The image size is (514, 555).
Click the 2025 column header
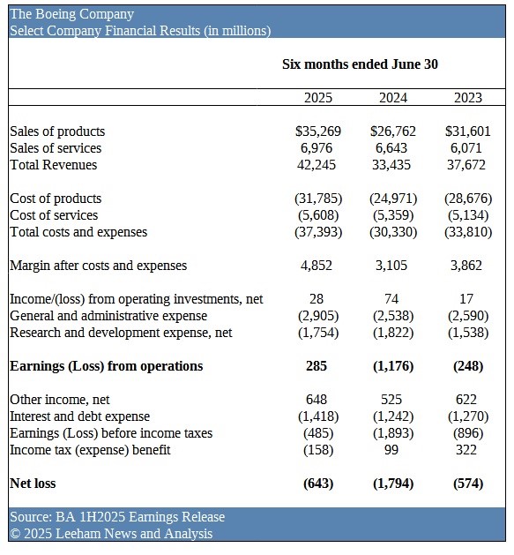pyautogui.click(x=318, y=98)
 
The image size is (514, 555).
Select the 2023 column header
pyautogui.click(x=468, y=98)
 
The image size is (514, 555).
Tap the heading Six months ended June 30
pyautogui.click(x=360, y=64)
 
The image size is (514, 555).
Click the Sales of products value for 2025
pyautogui.click(x=318, y=131)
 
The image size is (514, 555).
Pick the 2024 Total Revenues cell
pyautogui.click(x=391, y=165)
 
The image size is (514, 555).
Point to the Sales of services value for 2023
pyautogui.click(x=466, y=148)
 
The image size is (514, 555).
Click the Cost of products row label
pyautogui.click(x=56, y=199)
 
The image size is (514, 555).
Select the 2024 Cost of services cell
pyautogui.click(x=393, y=215)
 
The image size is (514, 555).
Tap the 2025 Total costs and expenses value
pyautogui.click(x=318, y=232)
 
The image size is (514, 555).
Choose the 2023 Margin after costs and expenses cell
pyautogui.click(x=466, y=266)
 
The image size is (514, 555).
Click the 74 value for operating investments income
pyautogui.click(x=391, y=299)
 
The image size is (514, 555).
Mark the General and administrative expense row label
pyautogui.click(x=108, y=316)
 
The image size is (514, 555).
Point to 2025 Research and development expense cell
pyautogui.click(x=318, y=333)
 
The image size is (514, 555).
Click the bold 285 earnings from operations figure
pyautogui.click(x=317, y=366)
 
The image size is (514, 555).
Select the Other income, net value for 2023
pyautogui.click(x=466, y=400)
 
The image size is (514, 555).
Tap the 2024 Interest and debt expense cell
pyautogui.click(x=393, y=416)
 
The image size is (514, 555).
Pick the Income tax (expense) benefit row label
pyautogui.click(x=90, y=450)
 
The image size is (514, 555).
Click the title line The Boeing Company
pyautogui.click(x=71, y=14)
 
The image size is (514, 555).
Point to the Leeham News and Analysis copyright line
pyautogui.click(x=111, y=534)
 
